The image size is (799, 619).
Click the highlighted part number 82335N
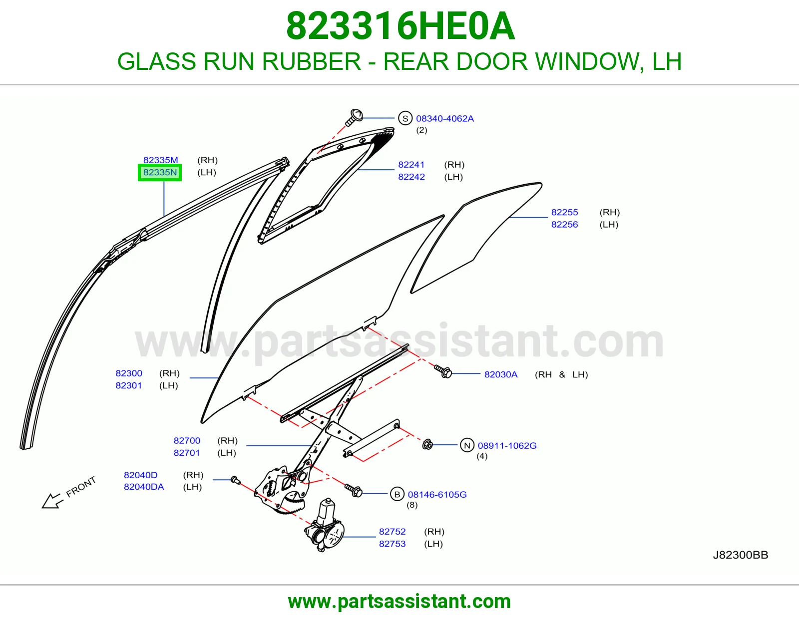160,172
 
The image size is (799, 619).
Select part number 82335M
160,160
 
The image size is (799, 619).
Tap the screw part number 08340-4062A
445,119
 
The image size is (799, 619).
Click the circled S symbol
405,118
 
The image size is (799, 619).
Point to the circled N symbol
467,445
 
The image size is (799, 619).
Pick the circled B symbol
397,494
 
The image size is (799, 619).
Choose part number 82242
411,177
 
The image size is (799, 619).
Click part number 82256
564,225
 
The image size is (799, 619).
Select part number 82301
129,385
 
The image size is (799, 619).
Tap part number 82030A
501,374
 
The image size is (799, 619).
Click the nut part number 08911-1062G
507,445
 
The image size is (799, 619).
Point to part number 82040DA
144,487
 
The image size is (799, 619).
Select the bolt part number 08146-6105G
437,494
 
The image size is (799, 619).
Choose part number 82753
393,544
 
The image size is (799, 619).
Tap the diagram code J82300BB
741,555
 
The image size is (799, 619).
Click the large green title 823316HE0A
400,26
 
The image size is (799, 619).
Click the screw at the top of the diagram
354,117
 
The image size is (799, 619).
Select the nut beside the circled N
427,444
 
